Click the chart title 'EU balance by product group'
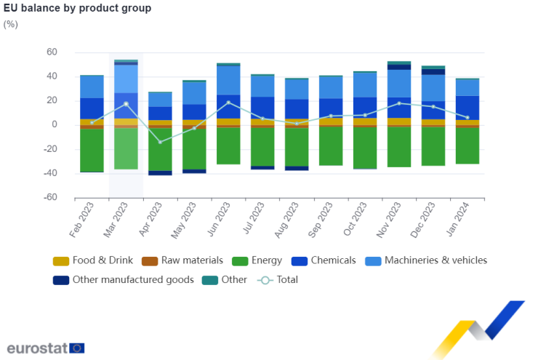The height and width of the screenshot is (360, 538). tap(78, 8)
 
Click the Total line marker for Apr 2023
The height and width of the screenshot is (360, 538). tap(161, 142)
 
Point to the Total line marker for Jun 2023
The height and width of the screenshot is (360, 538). tap(228, 103)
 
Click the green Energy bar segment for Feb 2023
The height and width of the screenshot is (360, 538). tap(92, 151)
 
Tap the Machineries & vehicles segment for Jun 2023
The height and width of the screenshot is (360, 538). tap(228, 80)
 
